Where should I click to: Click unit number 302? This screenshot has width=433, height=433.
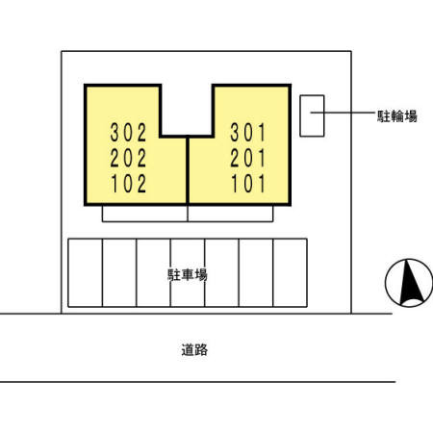(x=128, y=132)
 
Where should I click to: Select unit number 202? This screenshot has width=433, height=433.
(x=128, y=158)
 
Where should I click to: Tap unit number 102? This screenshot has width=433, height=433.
(x=128, y=184)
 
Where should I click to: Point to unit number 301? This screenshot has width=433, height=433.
(x=248, y=132)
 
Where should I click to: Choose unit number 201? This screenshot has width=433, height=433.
(x=248, y=158)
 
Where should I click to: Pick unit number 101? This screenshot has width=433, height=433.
(x=248, y=184)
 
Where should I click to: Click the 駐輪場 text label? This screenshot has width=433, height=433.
(x=396, y=115)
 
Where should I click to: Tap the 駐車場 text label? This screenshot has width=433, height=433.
(x=188, y=275)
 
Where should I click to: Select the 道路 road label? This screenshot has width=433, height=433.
(x=194, y=349)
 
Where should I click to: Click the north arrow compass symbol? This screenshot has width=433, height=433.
(x=409, y=283)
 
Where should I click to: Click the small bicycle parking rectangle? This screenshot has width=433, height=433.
(x=312, y=115)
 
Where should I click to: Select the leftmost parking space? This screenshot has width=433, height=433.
(x=85, y=272)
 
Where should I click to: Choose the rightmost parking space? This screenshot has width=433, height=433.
(x=290, y=272)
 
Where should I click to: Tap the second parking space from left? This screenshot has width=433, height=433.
(x=119, y=272)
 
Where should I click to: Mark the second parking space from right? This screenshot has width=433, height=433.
(x=256, y=272)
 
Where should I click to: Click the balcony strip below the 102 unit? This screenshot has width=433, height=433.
(x=144, y=214)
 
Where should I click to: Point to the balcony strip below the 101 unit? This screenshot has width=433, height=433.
(x=230, y=214)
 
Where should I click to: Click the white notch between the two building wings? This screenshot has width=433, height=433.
(x=187, y=110)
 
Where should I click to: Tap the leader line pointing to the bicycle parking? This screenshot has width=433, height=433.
(x=343, y=113)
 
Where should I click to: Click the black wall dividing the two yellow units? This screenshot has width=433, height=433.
(x=188, y=170)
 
